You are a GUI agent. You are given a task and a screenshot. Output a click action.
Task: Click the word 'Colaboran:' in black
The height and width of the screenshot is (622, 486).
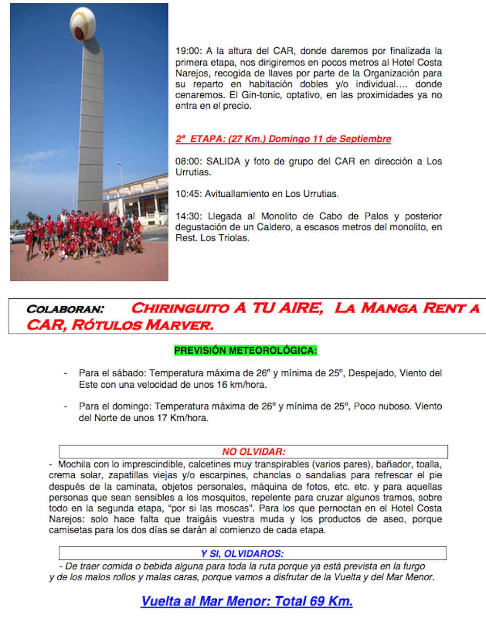(65, 309)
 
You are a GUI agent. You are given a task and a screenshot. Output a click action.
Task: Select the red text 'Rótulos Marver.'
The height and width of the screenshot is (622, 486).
(142, 325)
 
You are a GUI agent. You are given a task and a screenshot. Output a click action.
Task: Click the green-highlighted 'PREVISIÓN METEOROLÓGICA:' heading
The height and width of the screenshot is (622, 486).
(245, 350)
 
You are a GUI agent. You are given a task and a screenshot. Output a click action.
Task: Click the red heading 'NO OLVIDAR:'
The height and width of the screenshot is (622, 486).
(254, 452)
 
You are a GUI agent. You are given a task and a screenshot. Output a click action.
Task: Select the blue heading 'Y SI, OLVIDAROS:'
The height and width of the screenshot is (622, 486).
(243, 553)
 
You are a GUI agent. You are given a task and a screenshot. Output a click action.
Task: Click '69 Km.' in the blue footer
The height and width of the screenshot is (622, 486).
(331, 601)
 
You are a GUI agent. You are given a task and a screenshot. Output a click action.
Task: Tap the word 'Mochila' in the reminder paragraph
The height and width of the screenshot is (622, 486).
(74, 465)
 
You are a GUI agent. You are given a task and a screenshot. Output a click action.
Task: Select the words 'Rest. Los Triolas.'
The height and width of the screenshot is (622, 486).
(212, 238)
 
